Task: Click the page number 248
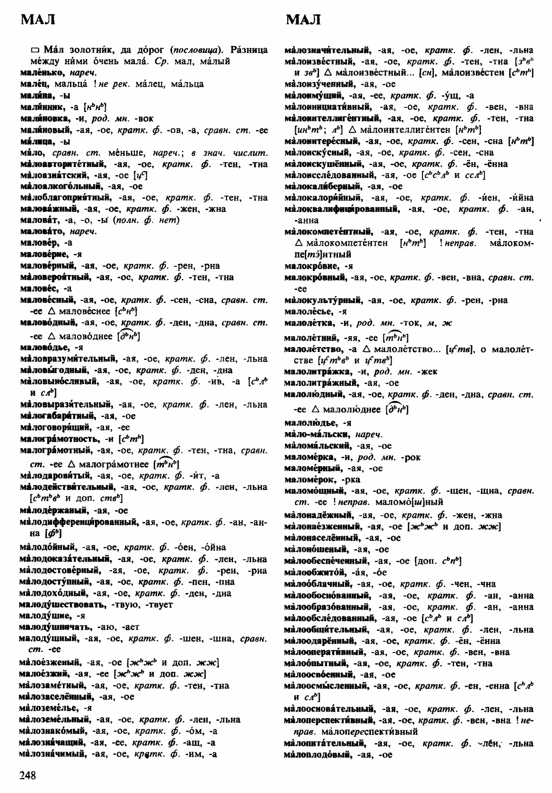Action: tap(28, 775)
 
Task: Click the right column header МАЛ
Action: tap(303, 20)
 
